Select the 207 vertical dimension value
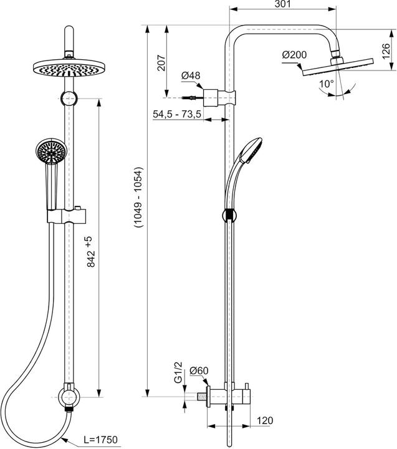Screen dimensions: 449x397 pyautogui.click(x=161, y=62)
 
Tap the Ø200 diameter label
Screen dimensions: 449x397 pyautogui.click(x=294, y=55)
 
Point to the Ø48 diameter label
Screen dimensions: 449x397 pyautogui.click(x=191, y=76)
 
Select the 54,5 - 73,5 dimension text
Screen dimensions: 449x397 pyautogui.click(x=176, y=114)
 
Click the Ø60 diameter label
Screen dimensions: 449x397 pyautogui.click(x=199, y=372)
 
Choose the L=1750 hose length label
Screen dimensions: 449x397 pyautogui.click(x=100, y=440)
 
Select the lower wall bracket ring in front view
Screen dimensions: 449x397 pyautogui.click(x=66, y=395)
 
